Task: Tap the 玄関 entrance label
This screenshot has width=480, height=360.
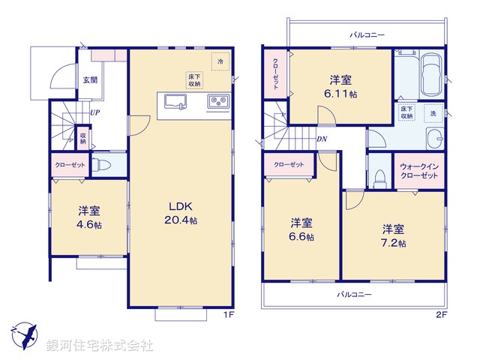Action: (89, 79)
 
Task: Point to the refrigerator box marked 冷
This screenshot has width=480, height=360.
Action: (220, 60)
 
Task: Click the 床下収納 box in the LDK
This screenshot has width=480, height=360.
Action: (194, 80)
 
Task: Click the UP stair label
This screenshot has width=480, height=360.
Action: (95, 112)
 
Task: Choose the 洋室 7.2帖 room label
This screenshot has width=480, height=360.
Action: (393, 234)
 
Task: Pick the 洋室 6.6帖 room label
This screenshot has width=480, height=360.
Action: (302, 229)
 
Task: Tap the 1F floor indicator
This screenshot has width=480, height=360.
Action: (231, 314)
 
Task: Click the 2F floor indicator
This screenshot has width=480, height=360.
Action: (441, 314)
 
